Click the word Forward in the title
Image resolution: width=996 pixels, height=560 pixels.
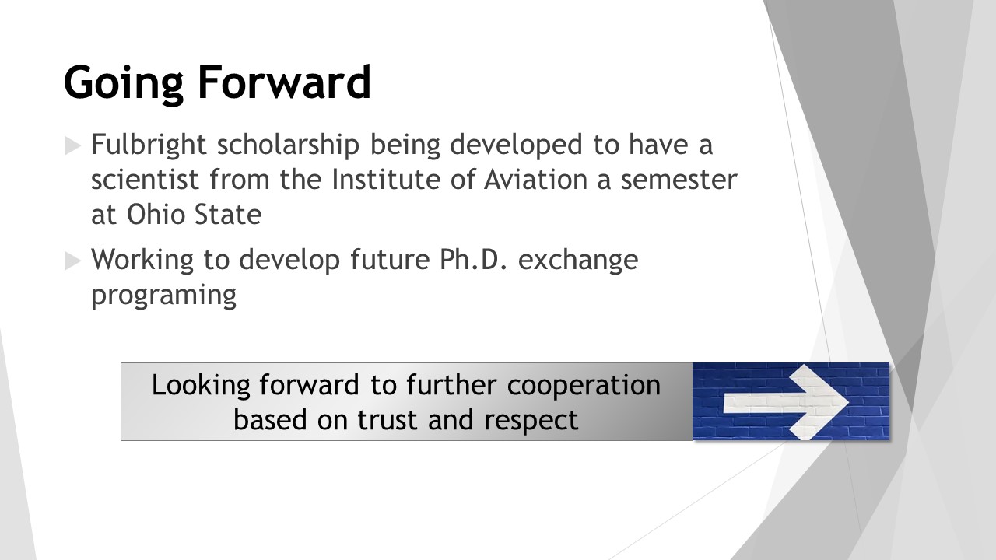(284, 82)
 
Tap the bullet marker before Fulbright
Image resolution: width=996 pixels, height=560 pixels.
(72, 145)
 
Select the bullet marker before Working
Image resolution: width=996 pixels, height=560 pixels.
(72, 261)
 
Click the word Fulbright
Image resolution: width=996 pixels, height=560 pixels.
(149, 145)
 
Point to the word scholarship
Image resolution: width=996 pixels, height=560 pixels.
(288, 145)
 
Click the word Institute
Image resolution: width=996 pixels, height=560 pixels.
(386, 180)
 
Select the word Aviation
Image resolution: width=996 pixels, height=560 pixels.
(536, 180)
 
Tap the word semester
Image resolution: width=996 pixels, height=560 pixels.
(679, 180)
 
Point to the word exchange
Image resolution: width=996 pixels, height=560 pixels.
(578, 261)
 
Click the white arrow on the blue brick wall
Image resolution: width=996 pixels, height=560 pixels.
(787, 402)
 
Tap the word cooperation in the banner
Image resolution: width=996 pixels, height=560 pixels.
(584, 386)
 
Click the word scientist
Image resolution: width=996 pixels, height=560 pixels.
(145, 180)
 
